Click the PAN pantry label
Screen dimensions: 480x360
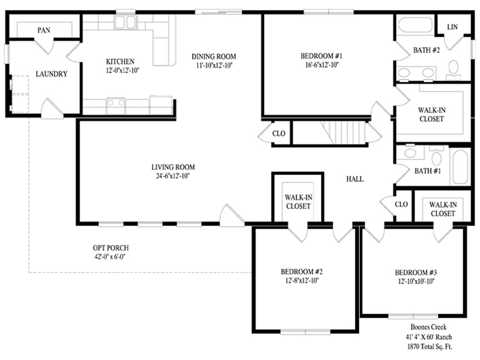coord(44,30)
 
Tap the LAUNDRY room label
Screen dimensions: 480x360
coord(52,74)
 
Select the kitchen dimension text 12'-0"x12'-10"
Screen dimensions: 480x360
coord(122,71)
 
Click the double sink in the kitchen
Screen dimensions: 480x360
coord(125,22)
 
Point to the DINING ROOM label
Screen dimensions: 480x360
coord(214,56)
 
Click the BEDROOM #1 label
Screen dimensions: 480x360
coord(321,56)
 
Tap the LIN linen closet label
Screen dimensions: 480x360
coord(452,27)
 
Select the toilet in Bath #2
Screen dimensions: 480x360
coord(453,68)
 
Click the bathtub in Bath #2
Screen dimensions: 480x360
coord(414,25)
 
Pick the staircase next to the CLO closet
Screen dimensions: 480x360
coord(343,132)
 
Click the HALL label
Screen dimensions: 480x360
coord(355,179)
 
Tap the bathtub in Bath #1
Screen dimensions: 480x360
coord(460,167)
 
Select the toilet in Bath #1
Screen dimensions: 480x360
coord(437,156)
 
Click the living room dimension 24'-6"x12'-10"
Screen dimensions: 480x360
coord(173,176)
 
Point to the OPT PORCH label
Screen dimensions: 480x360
coord(111,248)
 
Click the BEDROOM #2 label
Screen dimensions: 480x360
coord(302,272)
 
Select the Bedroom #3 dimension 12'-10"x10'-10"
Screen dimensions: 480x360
coord(416,281)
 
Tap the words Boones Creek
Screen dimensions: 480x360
coord(428,327)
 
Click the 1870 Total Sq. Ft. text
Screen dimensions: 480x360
coord(429,347)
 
